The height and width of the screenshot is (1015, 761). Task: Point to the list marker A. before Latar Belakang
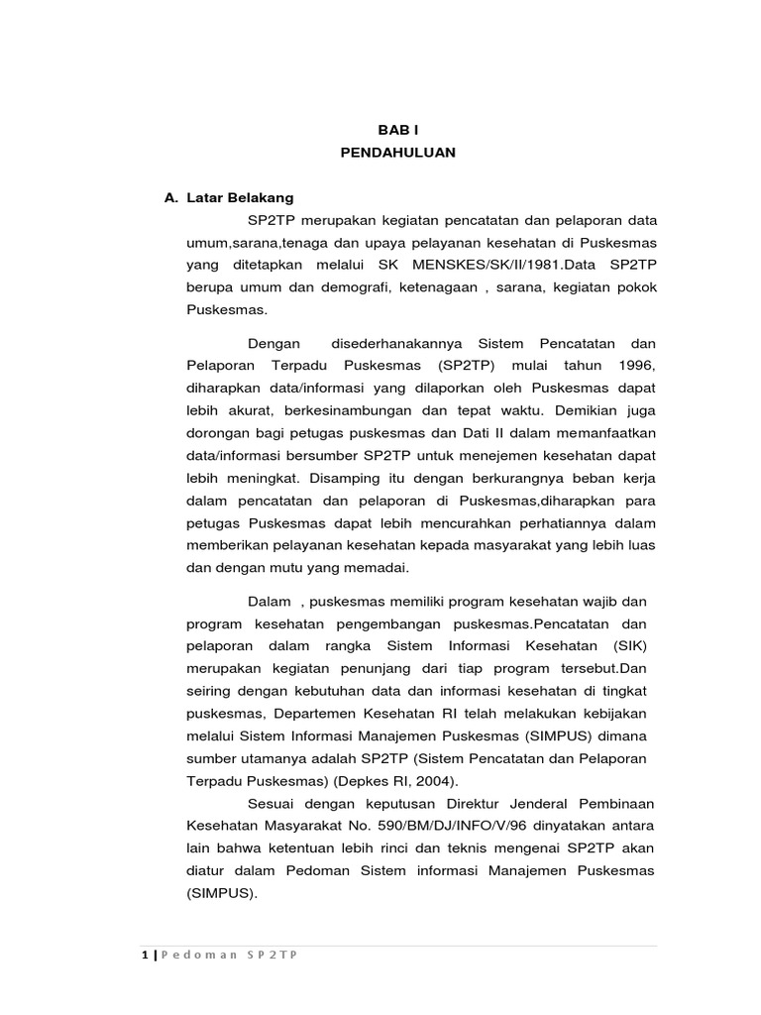pos(171,198)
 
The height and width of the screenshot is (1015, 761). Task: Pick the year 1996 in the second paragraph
pos(638,365)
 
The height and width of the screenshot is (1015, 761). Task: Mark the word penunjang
pos(374,667)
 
